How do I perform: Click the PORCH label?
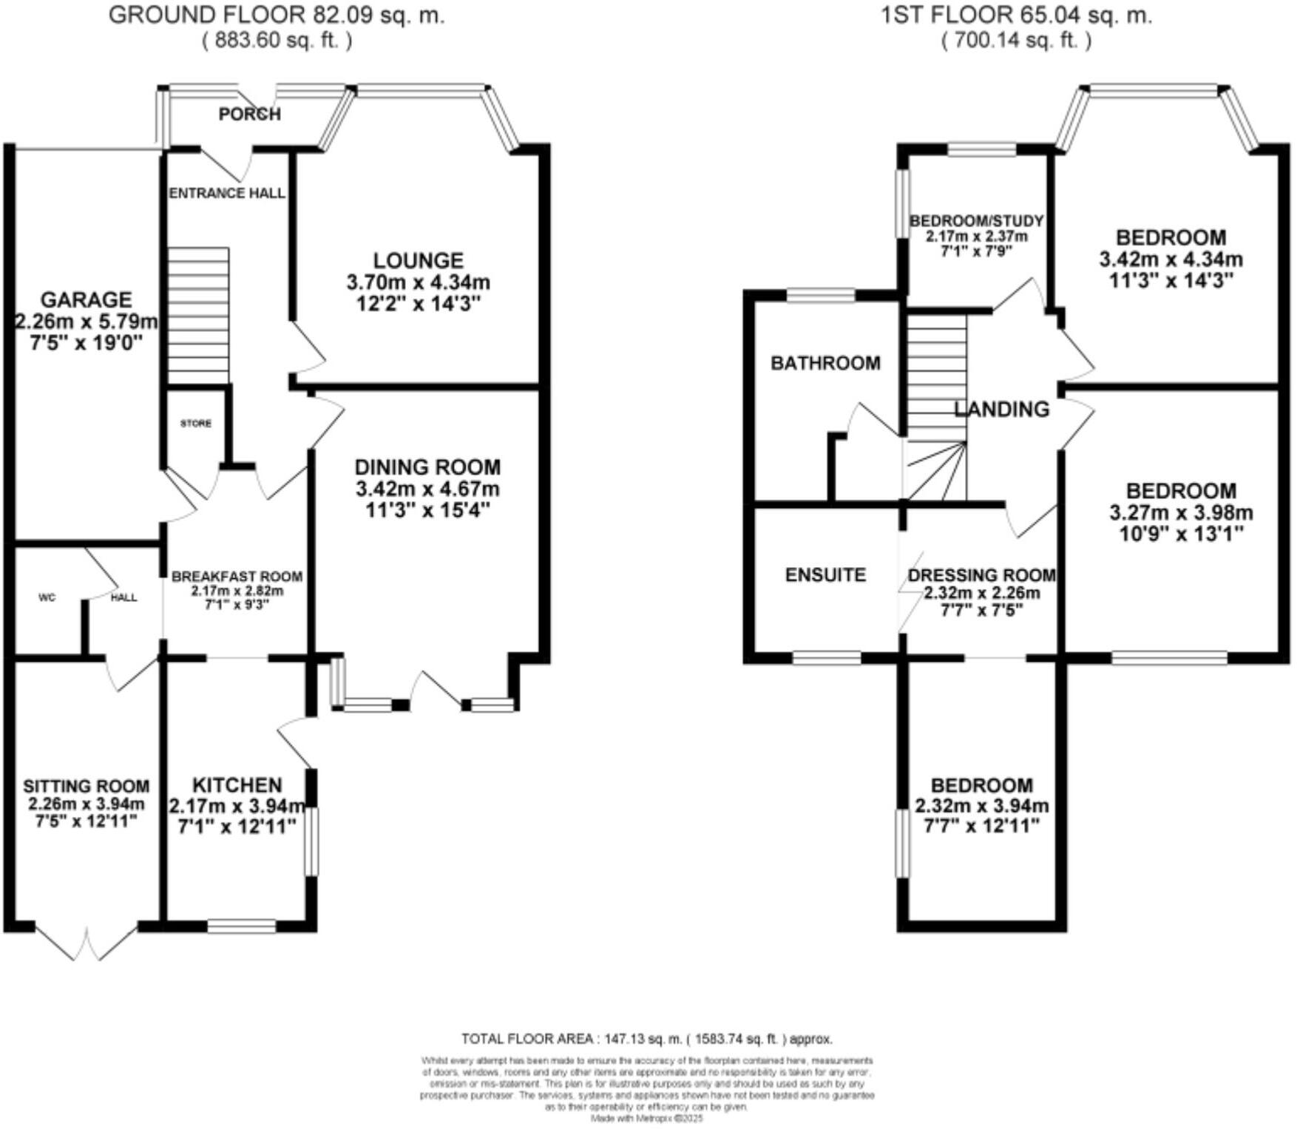(250, 114)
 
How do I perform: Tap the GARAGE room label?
(86, 299)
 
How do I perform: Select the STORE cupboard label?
(196, 424)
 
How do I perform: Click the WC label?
(47, 598)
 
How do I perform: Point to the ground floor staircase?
(198, 316)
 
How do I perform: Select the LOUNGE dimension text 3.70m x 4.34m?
(419, 282)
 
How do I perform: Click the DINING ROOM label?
(427, 467)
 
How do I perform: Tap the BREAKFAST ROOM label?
(237, 577)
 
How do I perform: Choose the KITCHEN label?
(237, 785)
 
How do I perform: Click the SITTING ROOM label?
(86, 787)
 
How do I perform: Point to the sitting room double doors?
(87, 942)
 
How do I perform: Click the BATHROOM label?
(825, 363)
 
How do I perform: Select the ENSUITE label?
(825, 575)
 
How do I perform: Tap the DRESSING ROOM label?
(981, 575)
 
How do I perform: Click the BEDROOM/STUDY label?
(976, 221)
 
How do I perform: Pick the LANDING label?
(1001, 409)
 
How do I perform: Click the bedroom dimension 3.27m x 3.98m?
(1181, 512)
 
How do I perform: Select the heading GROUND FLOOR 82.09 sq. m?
(277, 16)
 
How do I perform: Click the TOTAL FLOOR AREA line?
(647, 1039)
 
